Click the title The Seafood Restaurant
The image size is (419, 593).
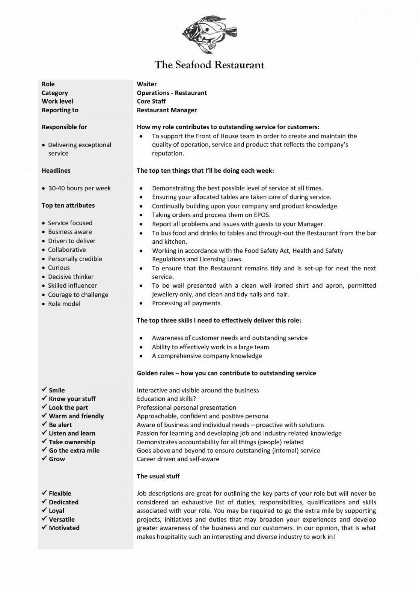pyautogui.click(x=209, y=65)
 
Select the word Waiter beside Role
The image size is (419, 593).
pyautogui.click(x=146, y=84)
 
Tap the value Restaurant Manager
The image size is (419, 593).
pyautogui.click(x=167, y=110)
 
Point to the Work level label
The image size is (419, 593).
pyautogui.click(x=57, y=101)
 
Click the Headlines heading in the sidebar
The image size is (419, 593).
pyautogui.click(x=56, y=171)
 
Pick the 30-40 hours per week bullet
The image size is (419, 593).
pyautogui.click(x=79, y=188)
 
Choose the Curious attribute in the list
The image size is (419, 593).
pyautogui.click(x=59, y=268)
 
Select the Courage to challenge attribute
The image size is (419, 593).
pyautogui.click(x=78, y=295)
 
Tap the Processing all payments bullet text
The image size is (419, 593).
pyautogui.click(x=187, y=303)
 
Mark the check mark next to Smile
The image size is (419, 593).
pyautogui.click(x=44, y=390)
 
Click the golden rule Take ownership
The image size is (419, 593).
pyautogui.click(x=72, y=442)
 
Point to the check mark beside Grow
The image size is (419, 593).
pyautogui.click(x=44, y=459)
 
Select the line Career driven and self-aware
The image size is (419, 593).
pyautogui.click(x=178, y=459)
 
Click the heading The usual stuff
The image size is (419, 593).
pyautogui.click(x=158, y=476)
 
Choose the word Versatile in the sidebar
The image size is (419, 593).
pyautogui.click(x=62, y=519)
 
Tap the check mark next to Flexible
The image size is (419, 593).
pyautogui.click(x=44, y=493)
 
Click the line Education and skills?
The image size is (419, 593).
pyautogui.click(x=166, y=399)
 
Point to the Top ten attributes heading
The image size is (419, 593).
pyautogui.click(x=68, y=205)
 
